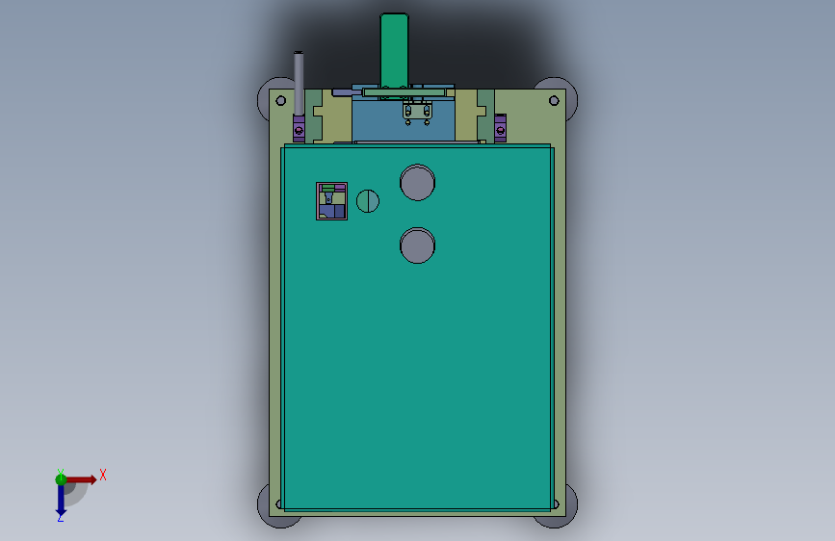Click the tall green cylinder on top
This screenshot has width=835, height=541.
tap(394, 49)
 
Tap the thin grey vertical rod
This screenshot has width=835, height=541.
tap(299, 83)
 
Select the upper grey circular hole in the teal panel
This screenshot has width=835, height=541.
tap(418, 183)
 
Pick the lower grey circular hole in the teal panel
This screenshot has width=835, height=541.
tap(418, 245)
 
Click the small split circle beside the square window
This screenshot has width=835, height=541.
tap(368, 201)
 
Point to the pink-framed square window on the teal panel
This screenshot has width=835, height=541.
tap(331, 201)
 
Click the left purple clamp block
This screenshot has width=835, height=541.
tap(300, 128)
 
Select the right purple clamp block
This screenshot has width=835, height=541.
tap(500, 128)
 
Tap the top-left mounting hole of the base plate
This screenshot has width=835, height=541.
tap(280, 101)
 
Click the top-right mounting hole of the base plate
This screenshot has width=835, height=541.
tap(554, 101)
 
